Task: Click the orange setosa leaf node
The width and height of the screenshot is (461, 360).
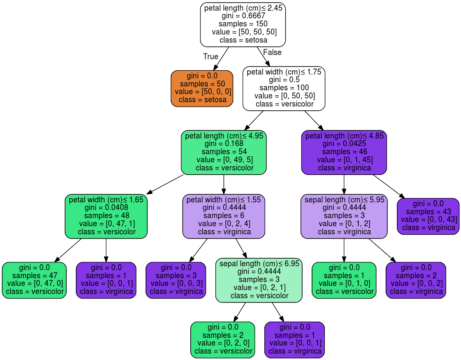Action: pyautogui.click(x=202, y=88)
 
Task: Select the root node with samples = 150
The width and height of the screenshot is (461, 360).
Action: pyautogui.click(x=243, y=24)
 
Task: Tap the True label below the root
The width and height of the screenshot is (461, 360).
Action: pyautogui.click(x=210, y=57)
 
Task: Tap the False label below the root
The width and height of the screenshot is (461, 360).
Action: pyautogui.click(x=272, y=52)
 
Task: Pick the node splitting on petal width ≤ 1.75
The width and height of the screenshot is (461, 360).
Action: pyautogui.click(x=284, y=88)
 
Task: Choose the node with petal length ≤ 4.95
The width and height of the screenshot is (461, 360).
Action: pyautogui.click(x=223, y=152)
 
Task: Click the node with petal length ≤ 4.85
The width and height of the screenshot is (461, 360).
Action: pyautogui.click(x=344, y=152)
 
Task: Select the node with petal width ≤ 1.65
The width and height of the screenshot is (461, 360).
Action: pyautogui.click(x=106, y=216)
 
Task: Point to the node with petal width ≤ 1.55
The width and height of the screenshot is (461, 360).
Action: pyautogui.click(x=223, y=216)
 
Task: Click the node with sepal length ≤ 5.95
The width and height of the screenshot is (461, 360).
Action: pyautogui.click(x=344, y=216)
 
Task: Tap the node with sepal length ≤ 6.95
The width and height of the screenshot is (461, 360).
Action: pyautogui.click(x=259, y=280)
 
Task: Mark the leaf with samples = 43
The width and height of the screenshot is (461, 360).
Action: pyautogui.click(x=428, y=216)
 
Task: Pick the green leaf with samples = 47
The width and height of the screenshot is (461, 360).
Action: pyautogui.click(x=34, y=280)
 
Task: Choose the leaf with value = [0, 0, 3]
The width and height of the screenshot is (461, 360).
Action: pyautogui.click(x=176, y=280)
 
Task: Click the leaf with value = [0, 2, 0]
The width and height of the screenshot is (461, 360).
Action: pyautogui.click(x=222, y=340)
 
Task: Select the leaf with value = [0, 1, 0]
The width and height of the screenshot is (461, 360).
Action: pyautogui.click(x=344, y=280)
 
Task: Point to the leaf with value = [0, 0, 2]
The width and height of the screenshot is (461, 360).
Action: pyautogui.click(x=415, y=280)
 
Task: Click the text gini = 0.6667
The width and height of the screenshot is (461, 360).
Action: pyautogui.click(x=243, y=16)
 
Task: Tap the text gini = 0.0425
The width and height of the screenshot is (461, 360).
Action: pyautogui.click(x=344, y=144)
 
